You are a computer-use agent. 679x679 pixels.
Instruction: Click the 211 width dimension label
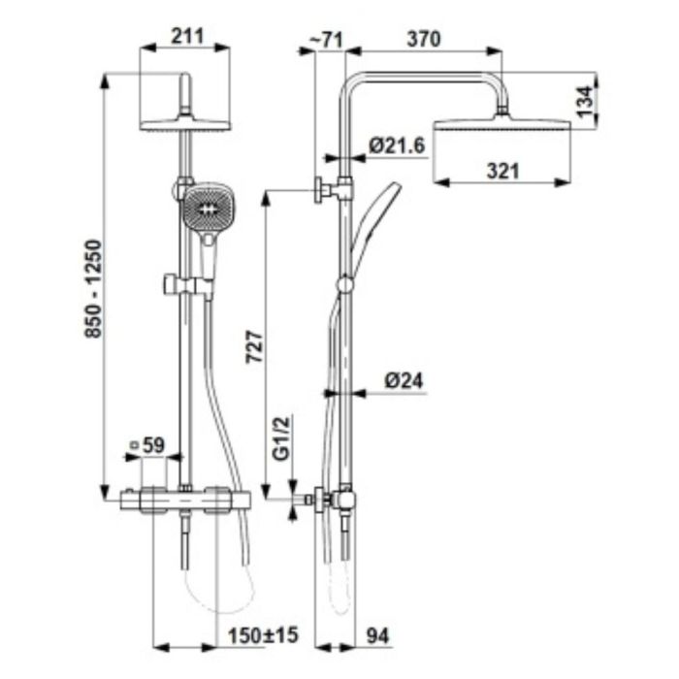point(187,37)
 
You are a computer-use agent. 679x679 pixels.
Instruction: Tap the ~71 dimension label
point(326,41)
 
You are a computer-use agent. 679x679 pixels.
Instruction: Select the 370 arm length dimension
point(423,39)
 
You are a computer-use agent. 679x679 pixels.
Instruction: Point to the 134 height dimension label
point(584,101)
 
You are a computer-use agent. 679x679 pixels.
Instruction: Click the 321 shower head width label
point(502,171)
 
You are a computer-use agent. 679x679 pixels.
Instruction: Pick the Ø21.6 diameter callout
point(397,145)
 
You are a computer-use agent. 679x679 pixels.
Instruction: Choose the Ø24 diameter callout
point(404,381)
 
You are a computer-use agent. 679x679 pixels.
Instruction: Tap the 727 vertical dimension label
point(254,346)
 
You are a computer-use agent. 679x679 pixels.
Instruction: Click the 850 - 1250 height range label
point(93,289)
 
